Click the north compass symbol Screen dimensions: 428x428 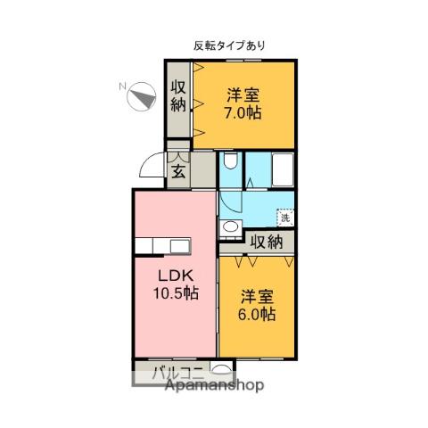click(140, 95)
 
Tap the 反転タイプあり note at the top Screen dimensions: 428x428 click(229, 45)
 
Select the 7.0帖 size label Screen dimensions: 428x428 click(242, 114)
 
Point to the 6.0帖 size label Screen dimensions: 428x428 click(256, 315)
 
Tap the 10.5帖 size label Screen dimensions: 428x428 click(174, 293)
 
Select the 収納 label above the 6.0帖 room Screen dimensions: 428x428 click(267, 242)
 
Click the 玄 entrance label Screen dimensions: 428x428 click(178, 172)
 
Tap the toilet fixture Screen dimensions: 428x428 click(230, 163)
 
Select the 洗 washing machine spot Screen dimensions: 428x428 click(284, 217)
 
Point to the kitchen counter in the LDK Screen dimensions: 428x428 click(162, 246)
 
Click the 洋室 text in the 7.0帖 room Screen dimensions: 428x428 click(242, 95)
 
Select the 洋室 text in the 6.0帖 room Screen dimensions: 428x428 click(256, 295)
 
